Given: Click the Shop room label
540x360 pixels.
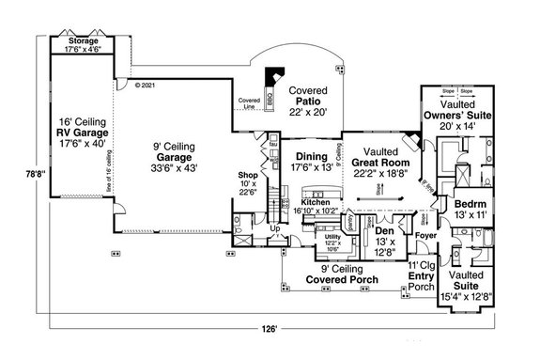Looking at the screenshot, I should pyautogui.click(x=247, y=174).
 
